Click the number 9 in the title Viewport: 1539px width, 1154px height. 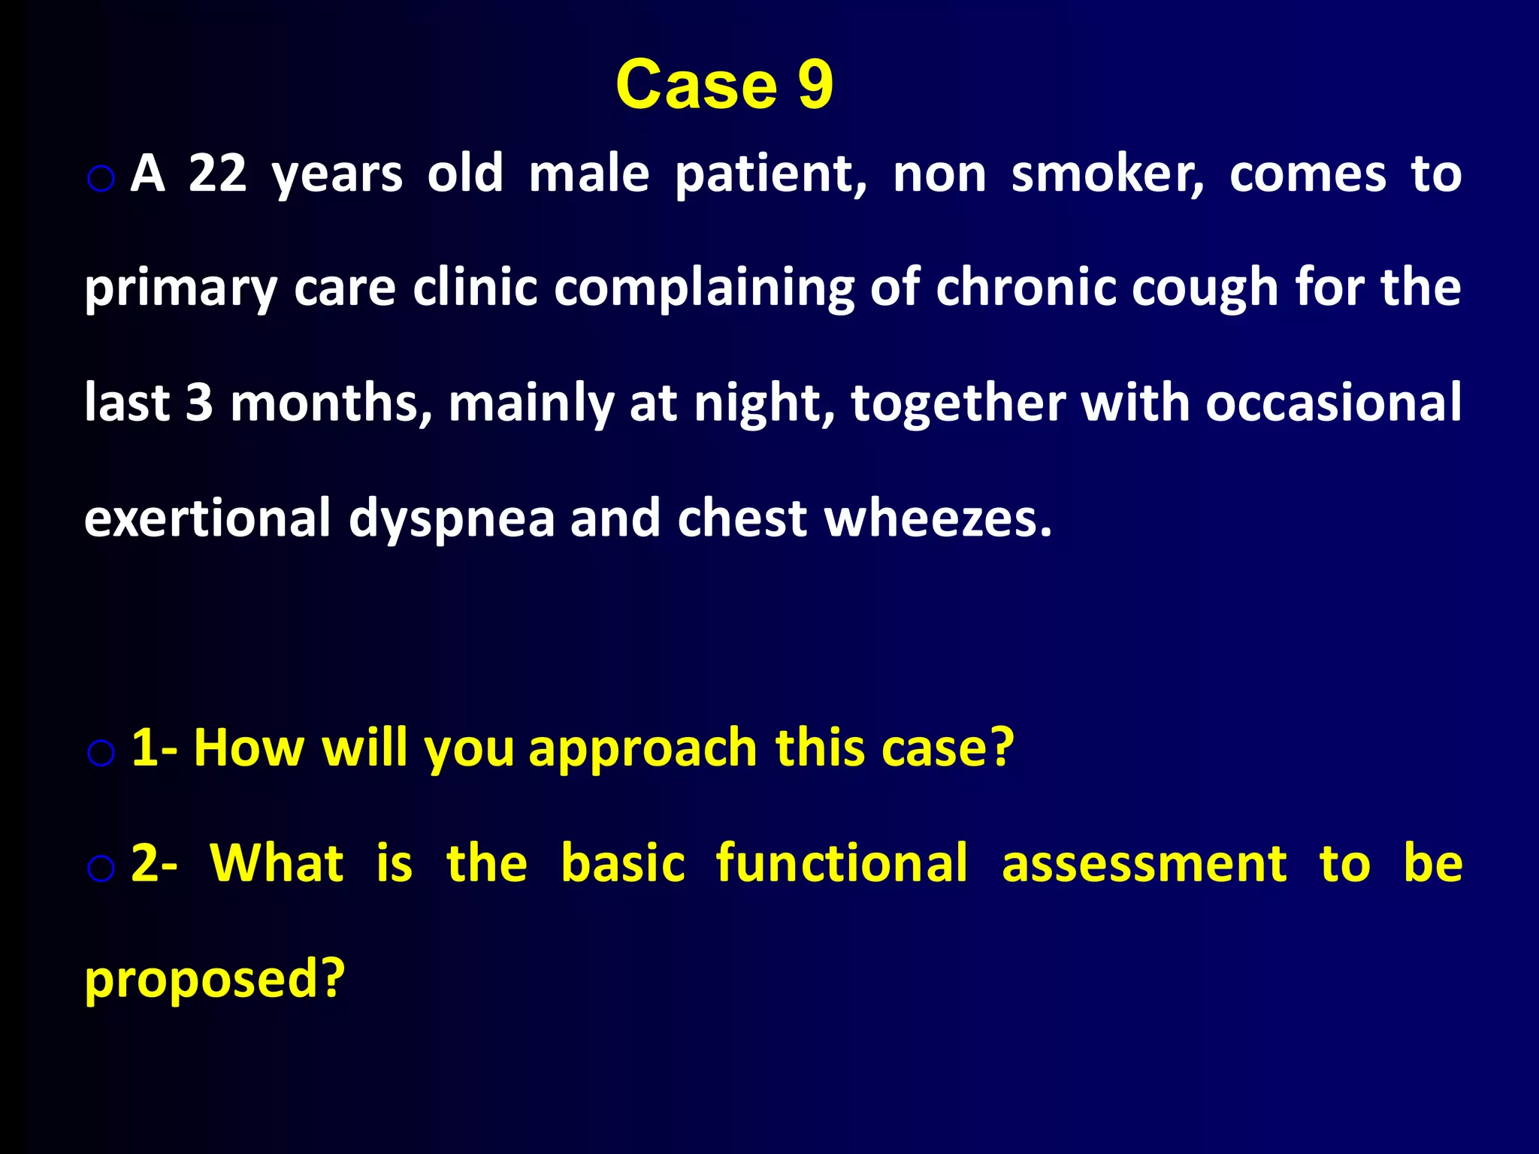[815, 84]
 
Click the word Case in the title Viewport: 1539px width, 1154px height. [696, 84]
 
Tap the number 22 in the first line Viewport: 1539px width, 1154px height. [217, 174]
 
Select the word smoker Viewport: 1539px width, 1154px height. [1107, 174]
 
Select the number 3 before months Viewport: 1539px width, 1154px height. [199, 403]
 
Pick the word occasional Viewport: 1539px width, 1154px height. [1333, 403]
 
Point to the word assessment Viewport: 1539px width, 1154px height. [1144, 863]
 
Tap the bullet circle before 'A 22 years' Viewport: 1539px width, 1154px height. [101, 179]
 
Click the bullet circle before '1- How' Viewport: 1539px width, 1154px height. [101, 753]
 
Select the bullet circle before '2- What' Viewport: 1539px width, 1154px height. [101, 869]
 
